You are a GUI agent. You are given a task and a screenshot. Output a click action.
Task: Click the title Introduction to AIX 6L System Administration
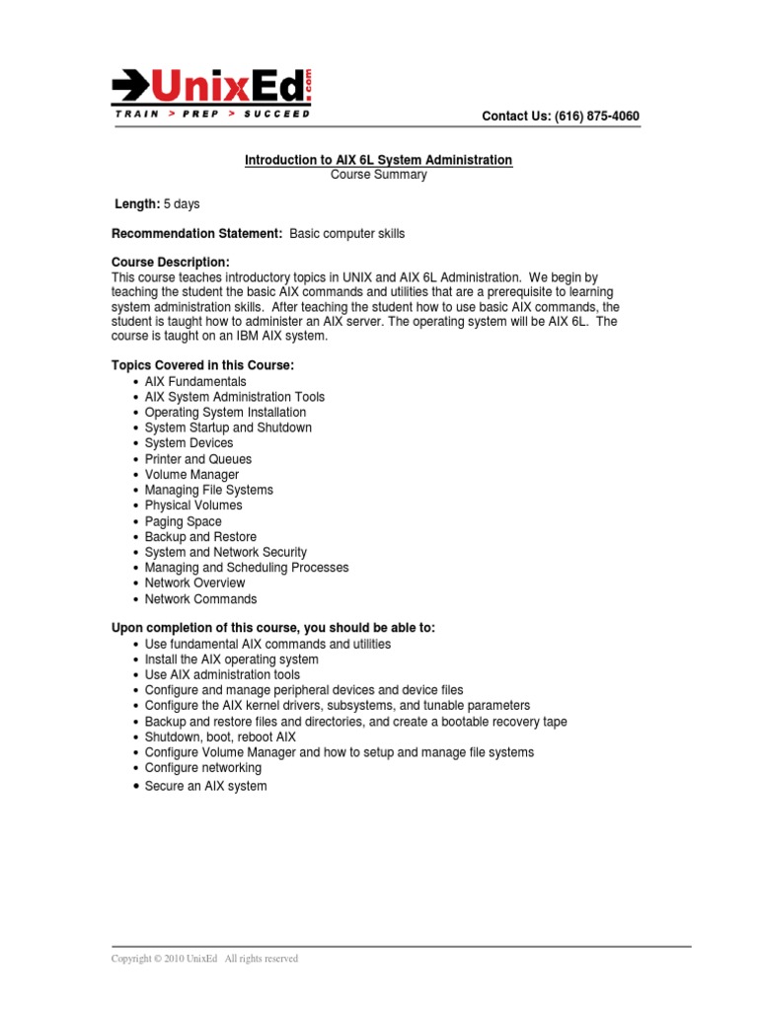point(379,160)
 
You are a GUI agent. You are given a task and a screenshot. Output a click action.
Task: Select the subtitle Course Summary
point(379,175)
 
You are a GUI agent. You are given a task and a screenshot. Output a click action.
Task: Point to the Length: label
point(138,204)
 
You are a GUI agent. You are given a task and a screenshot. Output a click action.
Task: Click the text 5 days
point(182,204)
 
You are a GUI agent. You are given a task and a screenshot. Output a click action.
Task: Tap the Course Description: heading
point(171,263)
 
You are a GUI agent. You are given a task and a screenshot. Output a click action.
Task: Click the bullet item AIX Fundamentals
point(195,382)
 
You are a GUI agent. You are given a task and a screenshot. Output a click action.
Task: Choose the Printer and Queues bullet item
point(197,459)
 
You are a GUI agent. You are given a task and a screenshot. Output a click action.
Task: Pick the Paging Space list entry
point(183,521)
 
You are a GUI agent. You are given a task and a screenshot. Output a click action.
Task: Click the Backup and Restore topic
point(200,537)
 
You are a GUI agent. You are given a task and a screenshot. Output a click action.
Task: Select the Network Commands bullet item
point(200,599)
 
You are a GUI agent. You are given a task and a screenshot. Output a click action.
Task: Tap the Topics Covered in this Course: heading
point(203,366)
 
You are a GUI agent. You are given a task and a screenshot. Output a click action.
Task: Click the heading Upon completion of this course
point(273,628)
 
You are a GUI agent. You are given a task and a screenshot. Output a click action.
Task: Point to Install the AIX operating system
point(231,660)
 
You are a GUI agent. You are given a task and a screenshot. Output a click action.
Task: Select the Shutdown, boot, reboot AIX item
point(220,737)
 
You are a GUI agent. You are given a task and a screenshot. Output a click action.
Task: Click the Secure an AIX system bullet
point(205,787)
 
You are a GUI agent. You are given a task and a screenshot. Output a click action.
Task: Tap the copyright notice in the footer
point(205,959)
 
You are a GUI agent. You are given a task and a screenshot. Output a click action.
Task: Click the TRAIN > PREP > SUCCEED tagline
point(212,115)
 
